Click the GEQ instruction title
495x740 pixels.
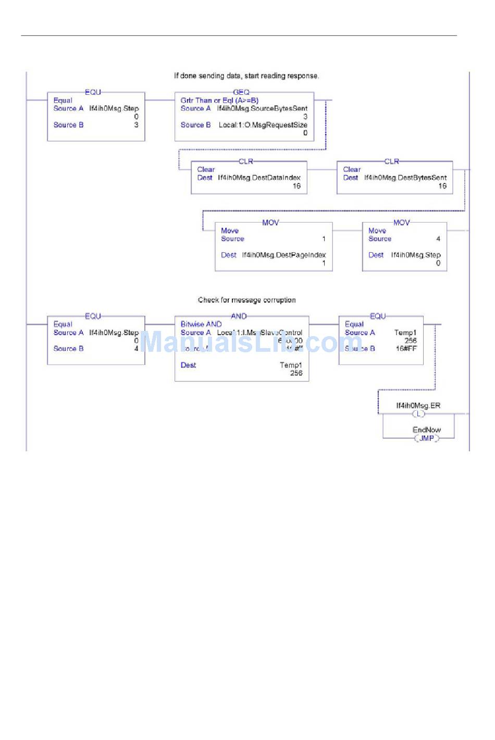pos(241,92)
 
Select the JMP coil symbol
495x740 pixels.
pos(427,438)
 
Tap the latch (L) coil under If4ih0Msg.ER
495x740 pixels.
pos(418,414)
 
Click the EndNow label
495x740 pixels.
pos(427,430)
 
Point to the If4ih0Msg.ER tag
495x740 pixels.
pos(418,405)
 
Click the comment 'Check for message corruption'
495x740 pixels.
pos(246,300)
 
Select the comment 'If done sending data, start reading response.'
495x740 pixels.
pos(246,76)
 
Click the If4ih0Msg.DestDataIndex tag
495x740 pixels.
pos(259,178)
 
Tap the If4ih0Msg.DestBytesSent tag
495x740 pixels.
pos(405,178)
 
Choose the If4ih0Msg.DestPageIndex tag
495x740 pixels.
pos(284,255)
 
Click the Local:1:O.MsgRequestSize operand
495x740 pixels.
pos(263,125)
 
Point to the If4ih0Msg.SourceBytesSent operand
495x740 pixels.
pos(262,108)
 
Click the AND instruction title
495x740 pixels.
pos(239,316)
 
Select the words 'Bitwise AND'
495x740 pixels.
pos(201,324)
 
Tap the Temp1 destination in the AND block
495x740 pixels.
pos(291,365)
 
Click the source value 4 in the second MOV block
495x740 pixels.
pos(438,239)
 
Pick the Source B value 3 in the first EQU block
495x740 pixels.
pos(137,125)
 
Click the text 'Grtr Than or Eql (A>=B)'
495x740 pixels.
pos(219,101)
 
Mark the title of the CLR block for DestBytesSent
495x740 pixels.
pos(391,162)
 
